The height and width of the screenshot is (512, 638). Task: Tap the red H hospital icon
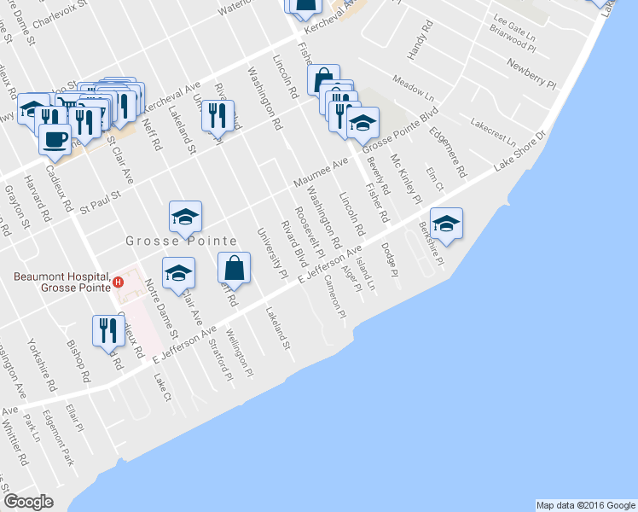click(119, 282)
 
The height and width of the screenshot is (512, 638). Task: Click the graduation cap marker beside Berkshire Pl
click(446, 224)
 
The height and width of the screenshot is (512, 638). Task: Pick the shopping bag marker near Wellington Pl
click(235, 268)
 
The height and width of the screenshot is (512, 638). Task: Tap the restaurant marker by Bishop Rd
click(108, 330)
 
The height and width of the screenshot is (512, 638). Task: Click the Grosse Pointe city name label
click(181, 241)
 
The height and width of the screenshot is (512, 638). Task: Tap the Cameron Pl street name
click(333, 298)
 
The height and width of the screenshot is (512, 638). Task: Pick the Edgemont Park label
click(65, 445)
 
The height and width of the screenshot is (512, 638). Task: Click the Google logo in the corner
click(29, 502)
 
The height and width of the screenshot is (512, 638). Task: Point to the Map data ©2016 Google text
click(586, 505)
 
